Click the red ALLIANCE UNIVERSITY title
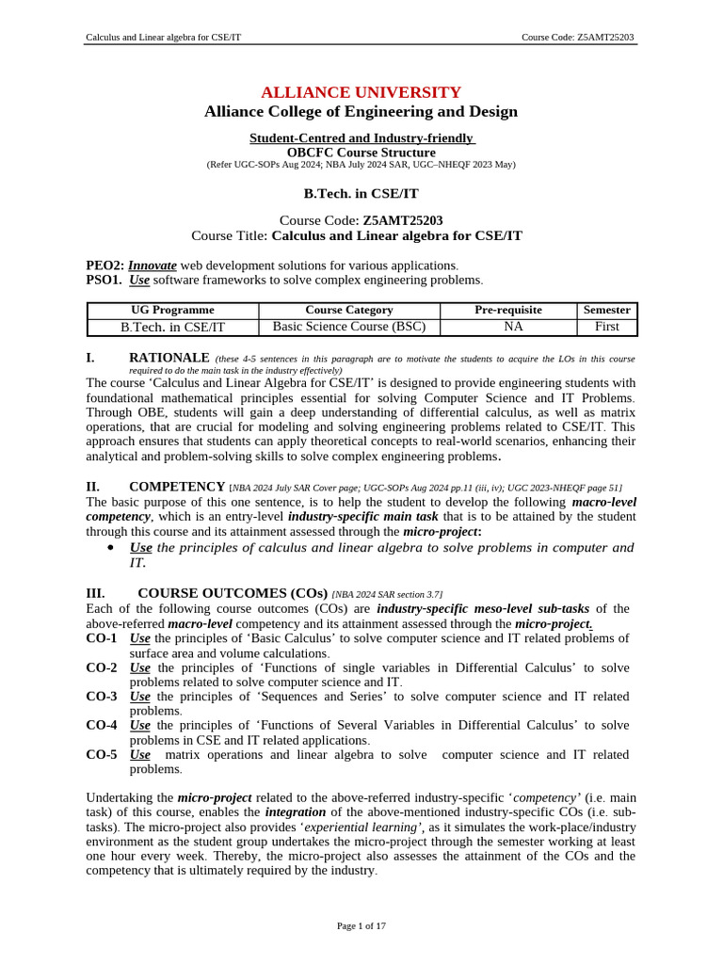pyautogui.click(x=361, y=92)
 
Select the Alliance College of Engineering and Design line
pyautogui.click(x=361, y=112)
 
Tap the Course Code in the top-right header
pyautogui.click(x=578, y=38)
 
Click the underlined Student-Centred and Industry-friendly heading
pyautogui.click(x=361, y=138)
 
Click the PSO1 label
pyautogui.click(x=104, y=281)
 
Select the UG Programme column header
pyautogui.click(x=172, y=310)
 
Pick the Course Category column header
pyautogui.click(x=349, y=310)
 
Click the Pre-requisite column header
pyautogui.click(x=508, y=310)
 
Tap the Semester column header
pyautogui.click(x=607, y=310)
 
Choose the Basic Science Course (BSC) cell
pyautogui.click(x=349, y=327)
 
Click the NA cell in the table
pyautogui.click(x=508, y=327)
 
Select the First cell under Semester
pyautogui.click(x=607, y=327)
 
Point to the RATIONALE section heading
pyautogui.click(x=169, y=358)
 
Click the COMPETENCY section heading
pyautogui.click(x=176, y=487)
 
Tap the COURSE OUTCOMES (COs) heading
pyautogui.click(x=233, y=593)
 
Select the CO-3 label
pyautogui.click(x=102, y=697)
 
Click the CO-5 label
pyautogui.click(x=102, y=755)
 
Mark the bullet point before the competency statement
pyautogui.click(x=112, y=548)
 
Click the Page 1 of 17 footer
pyautogui.click(x=361, y=926)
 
